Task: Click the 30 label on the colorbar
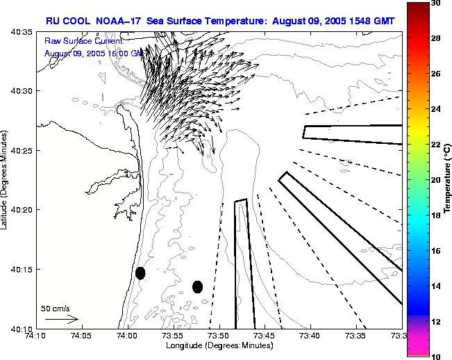(x=435, y=3)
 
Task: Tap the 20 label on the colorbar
(x=435, y=180)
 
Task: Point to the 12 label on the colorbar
(x=435, y=322)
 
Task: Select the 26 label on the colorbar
(x=435, y=74)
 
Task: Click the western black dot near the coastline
(x=140, y=273)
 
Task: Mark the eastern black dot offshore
(x=197, y=286)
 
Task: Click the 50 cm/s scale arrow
(x=61, y=319)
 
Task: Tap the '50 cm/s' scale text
(x=56, y=308)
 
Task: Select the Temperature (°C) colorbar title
(x=448, y=180)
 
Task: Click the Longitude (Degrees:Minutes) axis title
(x=219, y=345)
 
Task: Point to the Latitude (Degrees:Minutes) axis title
(x=6, y=179)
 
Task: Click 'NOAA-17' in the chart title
(x=117, y=21)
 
